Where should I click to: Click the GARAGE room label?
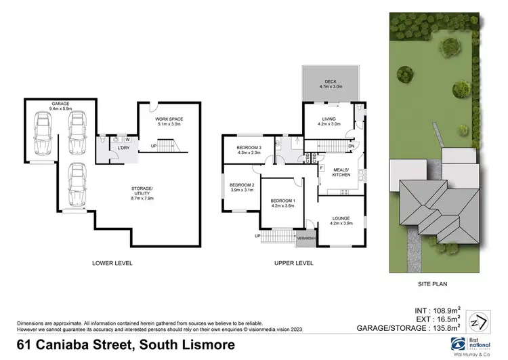point(60,104)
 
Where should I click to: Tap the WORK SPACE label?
point(169,119)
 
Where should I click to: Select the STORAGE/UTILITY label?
point(142,189)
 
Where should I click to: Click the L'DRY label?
point(123,148)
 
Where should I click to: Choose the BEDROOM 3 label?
point(249,148)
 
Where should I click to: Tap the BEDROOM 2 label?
point(242,185)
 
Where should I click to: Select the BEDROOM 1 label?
point(284,201)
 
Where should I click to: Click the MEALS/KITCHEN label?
point(339,172)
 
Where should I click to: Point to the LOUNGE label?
point(341,218)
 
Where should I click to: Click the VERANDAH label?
point(306,238)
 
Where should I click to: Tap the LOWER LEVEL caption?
point(112,262)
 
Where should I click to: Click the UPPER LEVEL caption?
point(293,262)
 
